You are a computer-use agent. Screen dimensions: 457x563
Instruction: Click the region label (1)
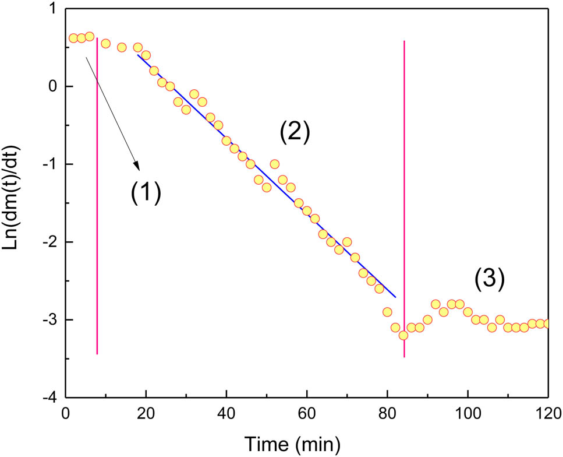144,191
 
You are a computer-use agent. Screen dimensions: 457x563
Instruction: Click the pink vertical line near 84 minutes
404,175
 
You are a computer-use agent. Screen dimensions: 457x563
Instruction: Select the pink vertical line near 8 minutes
97,233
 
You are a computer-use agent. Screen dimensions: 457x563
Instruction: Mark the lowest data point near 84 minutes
403,335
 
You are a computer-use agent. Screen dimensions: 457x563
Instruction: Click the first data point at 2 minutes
73,38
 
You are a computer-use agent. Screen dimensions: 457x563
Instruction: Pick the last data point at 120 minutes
547,323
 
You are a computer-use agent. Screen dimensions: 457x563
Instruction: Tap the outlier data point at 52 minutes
275,164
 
